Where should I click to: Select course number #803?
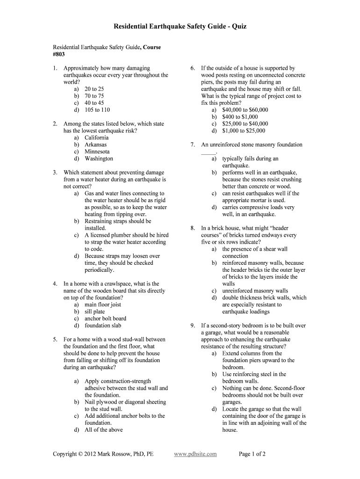click(x=58, y=54)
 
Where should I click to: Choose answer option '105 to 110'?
click(x=97, y=110)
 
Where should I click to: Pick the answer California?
click(x=96, y=138)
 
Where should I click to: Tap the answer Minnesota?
click(x=97, y=152)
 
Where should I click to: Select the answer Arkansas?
click(x=95, y=145)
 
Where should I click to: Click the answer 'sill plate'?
click(x=94, y=312)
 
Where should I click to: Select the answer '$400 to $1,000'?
click(x=240, y=117)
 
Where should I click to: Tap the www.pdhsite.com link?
click(x=195, y=454)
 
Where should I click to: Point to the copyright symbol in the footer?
click(x=80, y=454)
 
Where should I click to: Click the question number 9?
click(x=192, y=326)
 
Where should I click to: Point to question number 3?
click(x=55, y=173)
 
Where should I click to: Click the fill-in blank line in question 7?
click(x=209, y=152)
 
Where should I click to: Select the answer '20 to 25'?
click(x=94, y=89)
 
